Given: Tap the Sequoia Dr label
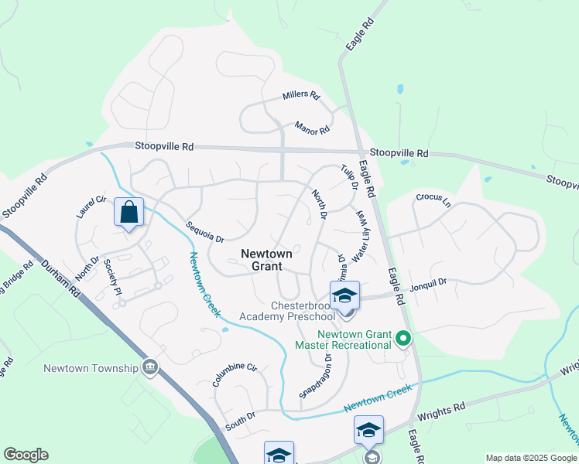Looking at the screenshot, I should coord(204,232).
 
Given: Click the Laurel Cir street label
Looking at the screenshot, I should coord(91,206).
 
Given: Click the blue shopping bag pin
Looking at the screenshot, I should coord(128,212).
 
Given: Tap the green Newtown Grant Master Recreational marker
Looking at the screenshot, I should coord(403,339).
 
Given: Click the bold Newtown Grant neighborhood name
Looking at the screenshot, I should coord(266,260).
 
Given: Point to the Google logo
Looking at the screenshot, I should coord(26,455).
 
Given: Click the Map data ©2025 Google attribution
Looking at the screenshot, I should coord(530,458).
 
